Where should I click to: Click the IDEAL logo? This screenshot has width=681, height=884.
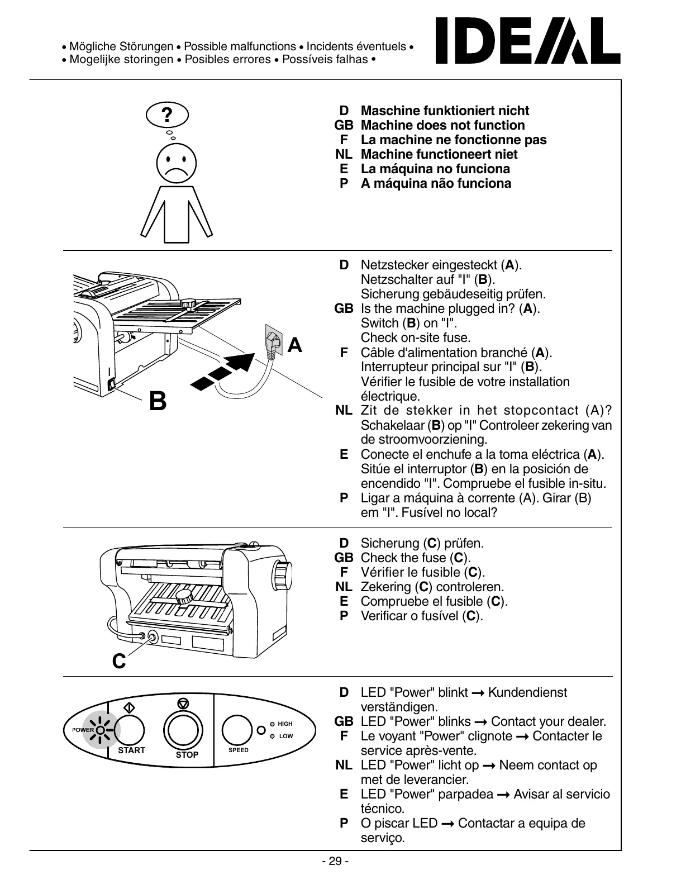coord(527,41)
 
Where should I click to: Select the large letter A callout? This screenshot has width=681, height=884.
coord(294,346)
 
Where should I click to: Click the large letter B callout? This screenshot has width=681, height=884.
coord(158,401)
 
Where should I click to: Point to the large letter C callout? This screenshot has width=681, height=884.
coord(119,662)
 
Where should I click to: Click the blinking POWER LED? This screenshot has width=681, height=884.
coord(101,730)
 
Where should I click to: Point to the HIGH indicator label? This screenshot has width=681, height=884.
coord(285,724)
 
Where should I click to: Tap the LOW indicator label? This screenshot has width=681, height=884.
coord(285,736)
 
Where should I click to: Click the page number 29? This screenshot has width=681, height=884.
coord(335,861)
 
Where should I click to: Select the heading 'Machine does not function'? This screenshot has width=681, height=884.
coord(443,125)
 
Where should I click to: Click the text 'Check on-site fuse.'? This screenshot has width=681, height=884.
coord(416,338)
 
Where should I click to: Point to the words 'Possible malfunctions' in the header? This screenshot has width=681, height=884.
coord(240,46)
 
